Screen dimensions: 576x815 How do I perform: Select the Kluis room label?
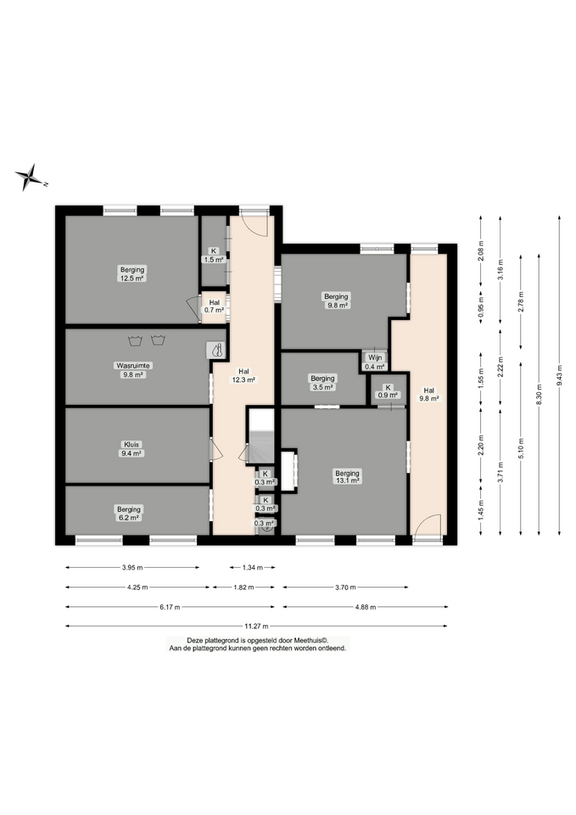click(x=131, y=448)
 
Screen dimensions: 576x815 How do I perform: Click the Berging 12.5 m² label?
click(x=132, y=274)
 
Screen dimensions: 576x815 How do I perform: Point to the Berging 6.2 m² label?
click(x=128, y=513)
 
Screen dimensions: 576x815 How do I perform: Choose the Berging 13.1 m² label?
click(x=347, y=477)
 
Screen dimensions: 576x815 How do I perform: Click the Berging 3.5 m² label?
click(x=322, y=383)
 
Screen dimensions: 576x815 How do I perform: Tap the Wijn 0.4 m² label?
click(x=375, y=362)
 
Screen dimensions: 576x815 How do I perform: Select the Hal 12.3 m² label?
click(x=243, y=375)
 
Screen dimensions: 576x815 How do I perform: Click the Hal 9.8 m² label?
click(x=429, y=395)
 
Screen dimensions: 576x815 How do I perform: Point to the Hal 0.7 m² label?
click(x=214, y=306)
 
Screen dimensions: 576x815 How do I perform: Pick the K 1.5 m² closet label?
click(x=214, y=256)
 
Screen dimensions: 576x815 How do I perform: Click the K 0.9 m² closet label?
click(x=388, y=391)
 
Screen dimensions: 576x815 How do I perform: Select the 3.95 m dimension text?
click(x=132, y=568)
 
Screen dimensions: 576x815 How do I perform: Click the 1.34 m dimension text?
click(x=253, y=568)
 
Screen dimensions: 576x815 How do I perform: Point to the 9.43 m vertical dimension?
click(x=559, y=374)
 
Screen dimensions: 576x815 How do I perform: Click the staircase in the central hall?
click(x=260, y=436)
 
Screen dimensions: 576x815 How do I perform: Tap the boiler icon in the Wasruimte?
click(x=216, y=350)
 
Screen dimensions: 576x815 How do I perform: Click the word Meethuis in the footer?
click(x=307, y=640)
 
